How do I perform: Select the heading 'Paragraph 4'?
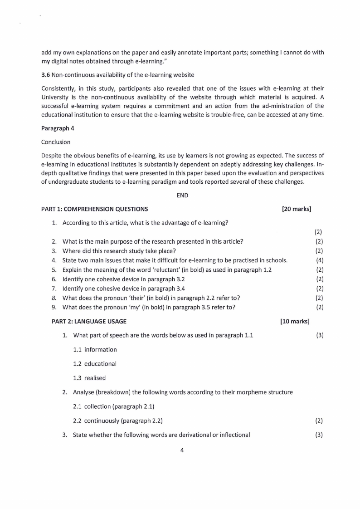pyautogui.click(x=58, y=128)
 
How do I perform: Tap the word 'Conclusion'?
pyautogui.click(x=56, y=142)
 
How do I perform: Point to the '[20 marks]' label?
pyautogui.click(x=297, y=209)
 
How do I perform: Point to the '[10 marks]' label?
pyautogui.click(x=295, y=322)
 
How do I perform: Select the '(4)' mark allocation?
pyautogui.click(x=319, y=260)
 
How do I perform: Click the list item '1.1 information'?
pyautogui.click(x=95, y=350)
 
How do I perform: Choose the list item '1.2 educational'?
pyautogui.click(x=95, y=364)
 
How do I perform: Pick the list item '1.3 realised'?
pyautogui.click(x=89, y=378)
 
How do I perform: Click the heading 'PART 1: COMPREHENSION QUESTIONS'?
pyautogui.click(x=94, y=209)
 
